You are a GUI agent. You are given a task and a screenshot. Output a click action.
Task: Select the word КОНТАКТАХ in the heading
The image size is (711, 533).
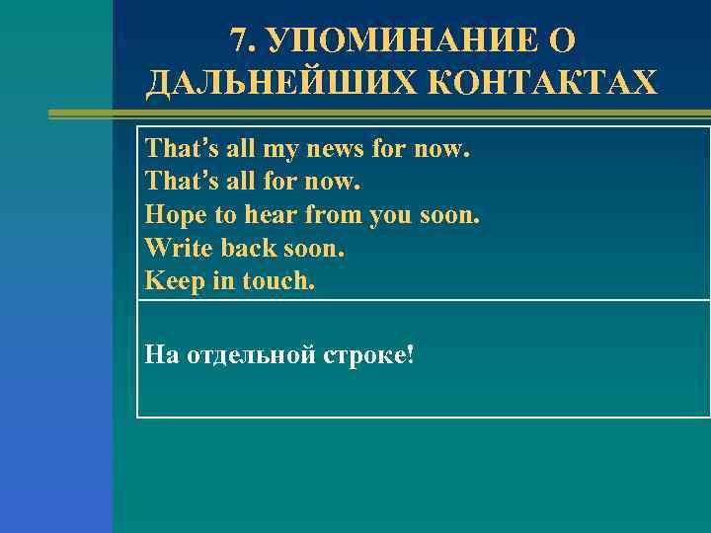point(543,83)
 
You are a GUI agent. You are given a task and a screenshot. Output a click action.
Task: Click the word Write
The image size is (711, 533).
point(173,249)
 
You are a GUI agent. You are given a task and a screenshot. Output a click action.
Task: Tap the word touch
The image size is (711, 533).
point(278,281)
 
